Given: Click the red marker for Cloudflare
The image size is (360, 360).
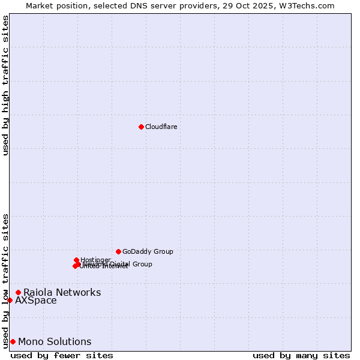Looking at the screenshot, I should (x=141, y=127).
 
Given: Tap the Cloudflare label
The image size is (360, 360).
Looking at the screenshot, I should (x=161, y=127).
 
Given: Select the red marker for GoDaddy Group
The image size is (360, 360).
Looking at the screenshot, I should (x=118, y=251).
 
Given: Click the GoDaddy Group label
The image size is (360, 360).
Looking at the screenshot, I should (x=148, y=252).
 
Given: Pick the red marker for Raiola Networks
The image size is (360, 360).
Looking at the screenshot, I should (x=18, y=292).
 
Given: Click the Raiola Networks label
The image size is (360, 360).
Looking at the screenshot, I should (x=62, y=293).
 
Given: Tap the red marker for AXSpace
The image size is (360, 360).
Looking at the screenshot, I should (x=10, y=300).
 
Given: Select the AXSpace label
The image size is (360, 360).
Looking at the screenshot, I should (x=36, y=301).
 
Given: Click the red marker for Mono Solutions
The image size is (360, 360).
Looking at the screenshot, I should (x=13, y=341).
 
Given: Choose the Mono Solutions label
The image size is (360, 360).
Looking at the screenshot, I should (x=55, y=342).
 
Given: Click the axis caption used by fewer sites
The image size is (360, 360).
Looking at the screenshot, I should (x=62, y=355).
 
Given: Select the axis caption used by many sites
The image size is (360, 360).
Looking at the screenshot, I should (x=301, y=355).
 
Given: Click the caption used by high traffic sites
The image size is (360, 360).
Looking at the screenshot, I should (x=5, y=85).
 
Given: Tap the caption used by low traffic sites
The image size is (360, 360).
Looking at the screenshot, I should (x=5, y=280).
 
